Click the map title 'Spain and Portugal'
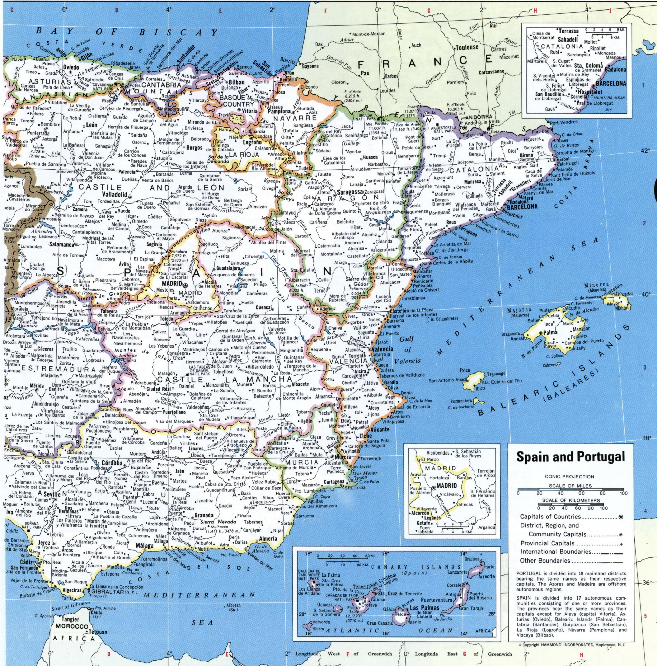pos(570,457)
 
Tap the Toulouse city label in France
pos(467,47)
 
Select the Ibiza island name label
pos(465,371)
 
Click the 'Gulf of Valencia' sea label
pos(408,350)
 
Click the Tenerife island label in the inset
pos(361,587)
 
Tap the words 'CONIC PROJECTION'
pos(569,477)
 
